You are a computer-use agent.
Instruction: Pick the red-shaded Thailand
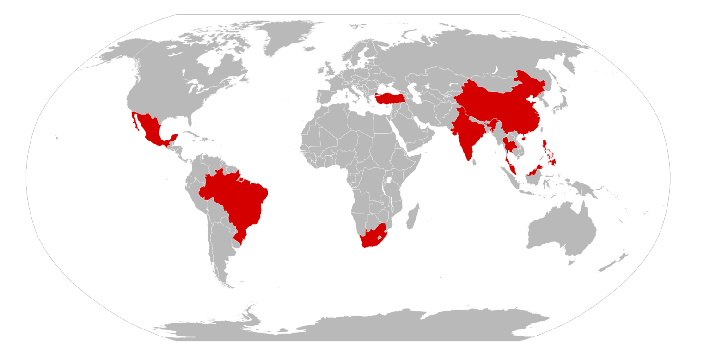point(509,145)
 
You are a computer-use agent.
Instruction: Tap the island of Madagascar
point(413,216)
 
